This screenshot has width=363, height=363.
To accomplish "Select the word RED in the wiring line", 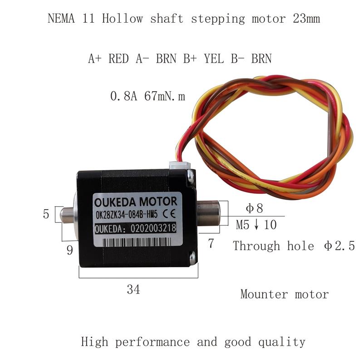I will (119, 59).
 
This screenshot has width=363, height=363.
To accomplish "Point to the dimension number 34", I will (133, 289).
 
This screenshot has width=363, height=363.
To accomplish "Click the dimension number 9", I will (69, 250).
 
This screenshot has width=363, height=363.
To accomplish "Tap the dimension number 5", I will (46, 214).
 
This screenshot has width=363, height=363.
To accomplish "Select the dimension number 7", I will (211, 244).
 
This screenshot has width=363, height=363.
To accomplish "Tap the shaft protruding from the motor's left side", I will (67, 214).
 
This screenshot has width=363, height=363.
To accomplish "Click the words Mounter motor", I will (285, 294).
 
